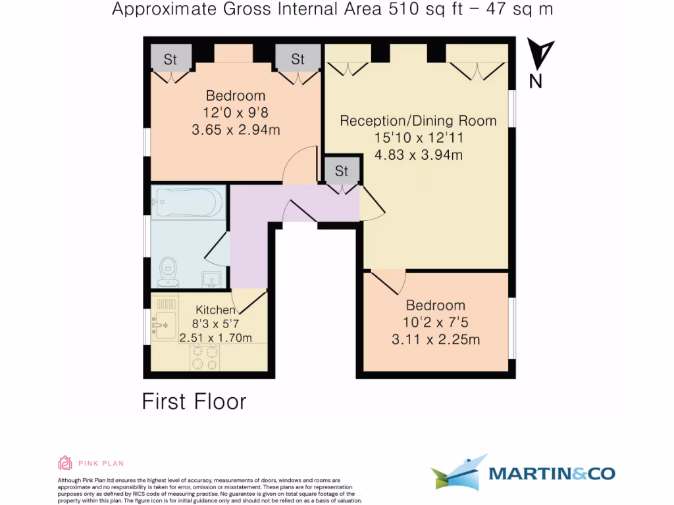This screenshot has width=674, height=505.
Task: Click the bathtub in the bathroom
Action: [187, 203]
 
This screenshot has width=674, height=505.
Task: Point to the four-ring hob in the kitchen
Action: [205, 358]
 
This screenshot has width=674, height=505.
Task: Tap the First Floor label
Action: [194, 401]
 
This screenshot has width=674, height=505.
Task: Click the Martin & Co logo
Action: [523, 473]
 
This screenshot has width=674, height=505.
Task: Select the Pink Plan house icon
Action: [65, 464]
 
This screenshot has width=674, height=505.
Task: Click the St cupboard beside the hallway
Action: [342, 171]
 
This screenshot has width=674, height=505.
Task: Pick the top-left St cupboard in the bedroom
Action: [170, 59]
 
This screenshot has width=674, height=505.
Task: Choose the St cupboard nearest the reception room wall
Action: [298, 59]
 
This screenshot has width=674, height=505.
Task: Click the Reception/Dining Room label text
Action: [418, 121]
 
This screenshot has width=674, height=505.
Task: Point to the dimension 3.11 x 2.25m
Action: [436, 340]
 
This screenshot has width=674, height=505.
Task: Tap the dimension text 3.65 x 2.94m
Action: [236, 130]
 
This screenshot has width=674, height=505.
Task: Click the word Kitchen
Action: [215, 310]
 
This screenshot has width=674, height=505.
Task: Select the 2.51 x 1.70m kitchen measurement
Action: [215, 338]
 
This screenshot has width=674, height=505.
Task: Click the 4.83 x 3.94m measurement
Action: [418, 156]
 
